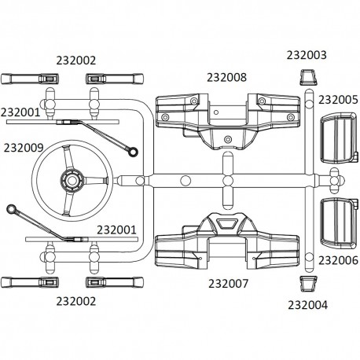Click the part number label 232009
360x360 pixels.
(x=29, y=146)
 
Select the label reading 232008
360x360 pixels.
(x=226, y=77)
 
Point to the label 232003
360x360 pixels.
(x=307, y=56)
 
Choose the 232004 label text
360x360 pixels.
(x=310, y=305)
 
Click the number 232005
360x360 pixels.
(x=338, y=100)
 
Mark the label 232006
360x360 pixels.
(x=338, y=260)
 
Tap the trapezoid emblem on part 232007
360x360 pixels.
(x=227, y=224)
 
